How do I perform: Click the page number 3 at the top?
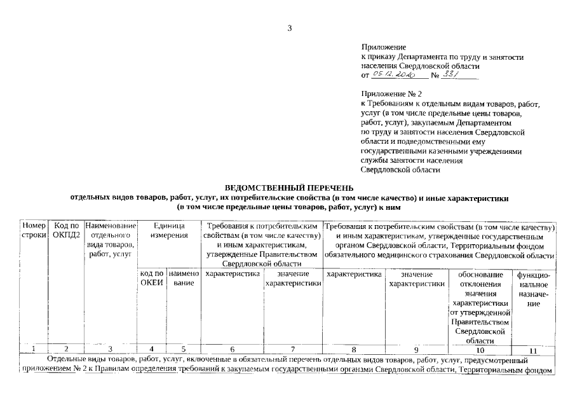point(289,27)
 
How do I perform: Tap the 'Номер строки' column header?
point(34,231)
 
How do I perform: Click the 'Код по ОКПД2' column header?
point(66,231)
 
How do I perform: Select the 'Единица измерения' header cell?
point(168,231)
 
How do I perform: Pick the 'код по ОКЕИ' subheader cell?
point(151,279)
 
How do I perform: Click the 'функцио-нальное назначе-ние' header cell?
point(534,289)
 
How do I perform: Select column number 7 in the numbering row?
point(292,350)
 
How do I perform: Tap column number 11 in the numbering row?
point(533,350)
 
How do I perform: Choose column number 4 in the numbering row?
point(151,350)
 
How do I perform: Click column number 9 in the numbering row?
point(416,350)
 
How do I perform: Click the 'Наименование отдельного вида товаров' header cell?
point(110,240)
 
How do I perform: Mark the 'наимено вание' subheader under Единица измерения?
point(184,279)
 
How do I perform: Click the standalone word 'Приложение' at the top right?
point(383,48)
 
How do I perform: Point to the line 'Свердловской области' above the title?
point(400,170)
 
